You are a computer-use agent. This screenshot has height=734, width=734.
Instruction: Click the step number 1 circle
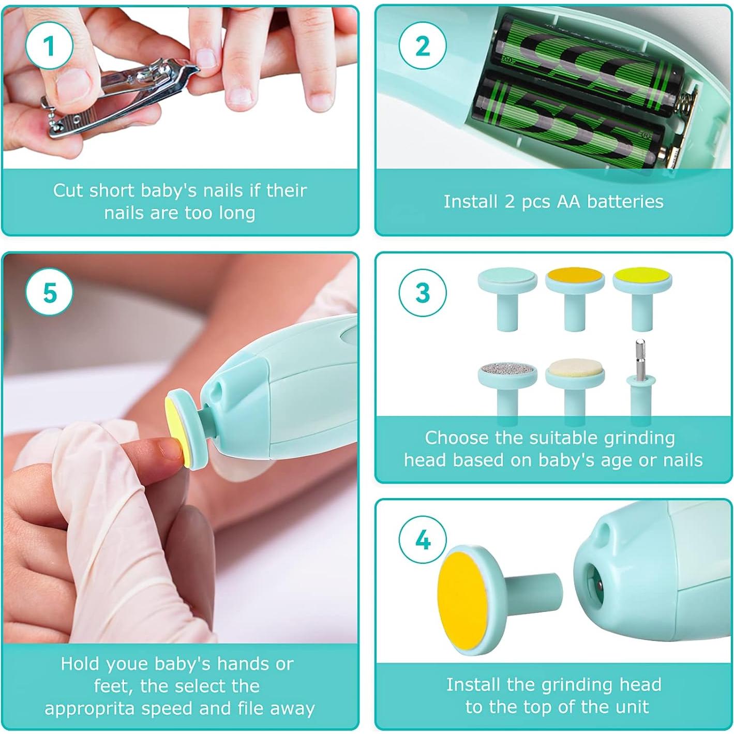point(49,47)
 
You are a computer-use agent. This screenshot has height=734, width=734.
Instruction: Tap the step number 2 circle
point(423,47)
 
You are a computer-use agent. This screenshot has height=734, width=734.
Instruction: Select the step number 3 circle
point(423,293)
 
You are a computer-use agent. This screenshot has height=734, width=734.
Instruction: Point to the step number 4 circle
point(423,540)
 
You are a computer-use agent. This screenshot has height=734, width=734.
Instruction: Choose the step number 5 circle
point(49,293)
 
